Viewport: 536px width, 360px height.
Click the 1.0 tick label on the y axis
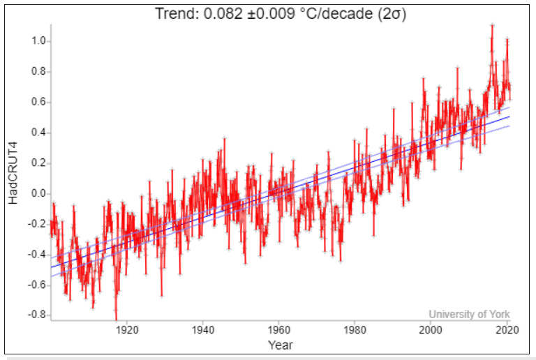point(36,41)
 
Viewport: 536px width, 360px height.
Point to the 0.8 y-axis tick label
point(36,71)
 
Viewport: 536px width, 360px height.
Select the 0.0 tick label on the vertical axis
point(36,193)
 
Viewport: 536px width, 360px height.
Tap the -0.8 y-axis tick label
point(35,315)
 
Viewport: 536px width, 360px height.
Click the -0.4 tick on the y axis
point(35,254)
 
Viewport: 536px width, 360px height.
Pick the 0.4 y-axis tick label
point(36,133)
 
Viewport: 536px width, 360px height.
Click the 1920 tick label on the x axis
point(126,330)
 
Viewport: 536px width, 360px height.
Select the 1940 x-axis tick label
point(202,330)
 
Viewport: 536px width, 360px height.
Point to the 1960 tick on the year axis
point(278,330)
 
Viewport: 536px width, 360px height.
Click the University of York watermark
point(470,314)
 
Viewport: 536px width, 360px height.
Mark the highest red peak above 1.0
point(492,26)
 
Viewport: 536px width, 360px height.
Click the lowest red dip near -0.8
point(116,318)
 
